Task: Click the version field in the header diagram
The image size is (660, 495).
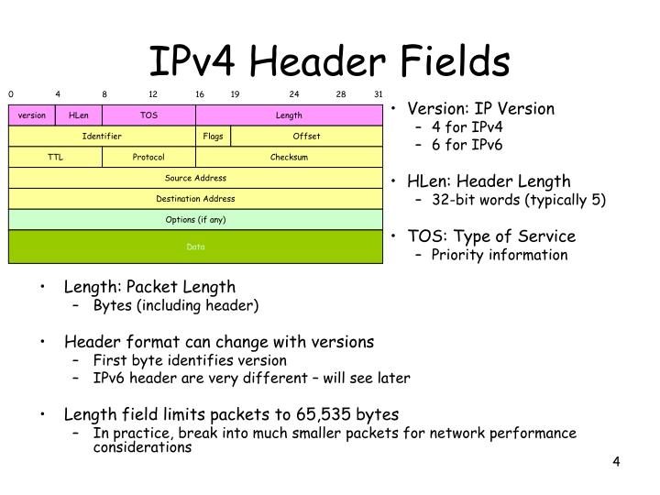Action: (x=32, y=115)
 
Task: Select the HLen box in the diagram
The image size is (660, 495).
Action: (x=79, y=115)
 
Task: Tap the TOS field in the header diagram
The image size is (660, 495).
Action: (x=148, y=115)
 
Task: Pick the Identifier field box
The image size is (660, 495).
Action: (x=102, y=137)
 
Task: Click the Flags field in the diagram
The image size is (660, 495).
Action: (x=213, y=137)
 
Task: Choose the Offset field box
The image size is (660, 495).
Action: (x=306, y=137)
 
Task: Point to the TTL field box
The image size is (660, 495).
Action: (x=55, y=157)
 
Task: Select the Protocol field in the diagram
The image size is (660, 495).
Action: (x=148, y=157)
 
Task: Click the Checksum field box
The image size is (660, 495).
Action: (x=289, y=157)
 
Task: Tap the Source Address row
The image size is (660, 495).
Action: (x=195, y=178)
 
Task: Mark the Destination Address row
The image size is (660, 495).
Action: (x=195, y=199)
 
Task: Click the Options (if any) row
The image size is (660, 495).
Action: (x=195, y=220)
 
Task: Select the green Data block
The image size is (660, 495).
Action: (x=195, y=247)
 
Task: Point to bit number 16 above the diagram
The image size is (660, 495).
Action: (x=199, y=93)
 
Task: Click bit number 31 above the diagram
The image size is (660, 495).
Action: (x=379, y=93)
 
